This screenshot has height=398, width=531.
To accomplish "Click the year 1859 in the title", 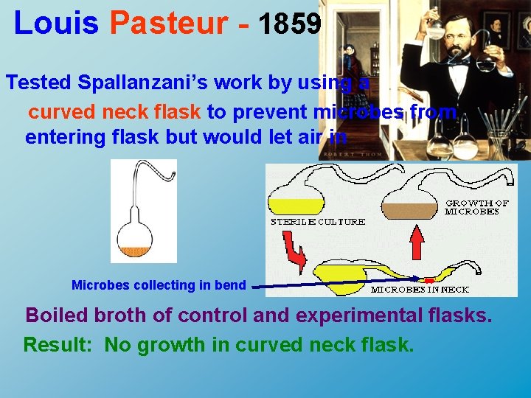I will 291,24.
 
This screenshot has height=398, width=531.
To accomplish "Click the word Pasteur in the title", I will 169,24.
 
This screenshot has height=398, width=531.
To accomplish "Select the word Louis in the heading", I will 56,24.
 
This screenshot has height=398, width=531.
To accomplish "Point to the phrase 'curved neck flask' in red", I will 114,111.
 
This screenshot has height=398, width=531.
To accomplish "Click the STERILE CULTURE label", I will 318,221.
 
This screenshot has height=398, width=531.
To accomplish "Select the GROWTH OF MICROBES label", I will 477,207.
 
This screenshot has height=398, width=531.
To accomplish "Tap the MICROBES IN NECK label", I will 420,290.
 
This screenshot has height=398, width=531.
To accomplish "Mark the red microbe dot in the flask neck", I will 429,281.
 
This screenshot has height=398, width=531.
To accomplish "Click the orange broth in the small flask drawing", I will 135,251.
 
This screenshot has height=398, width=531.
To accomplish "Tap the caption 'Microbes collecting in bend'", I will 159,285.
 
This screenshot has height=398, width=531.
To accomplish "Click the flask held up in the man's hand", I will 435,29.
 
